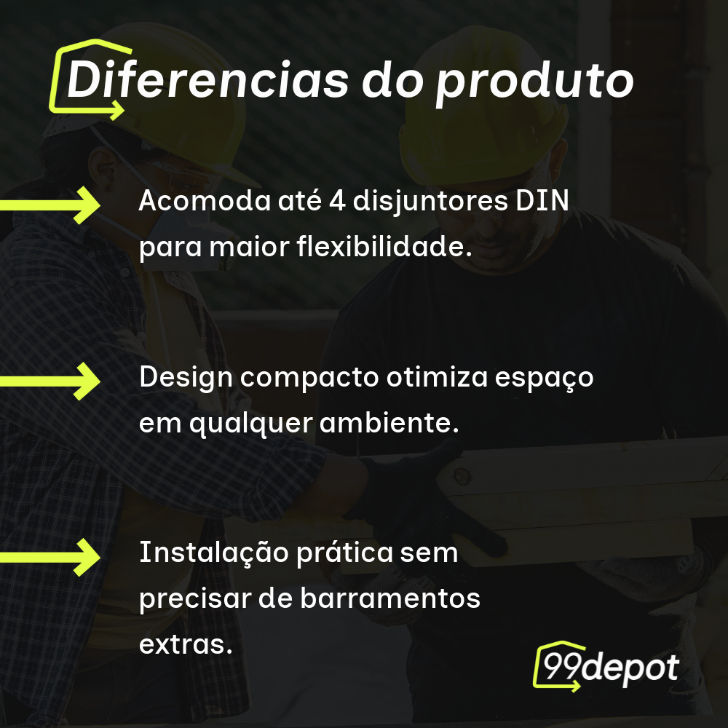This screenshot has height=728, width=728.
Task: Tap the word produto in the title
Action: coord(534,82)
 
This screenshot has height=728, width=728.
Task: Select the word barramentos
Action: coord(389,599)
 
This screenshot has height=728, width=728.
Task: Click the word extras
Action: coord(185,644)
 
